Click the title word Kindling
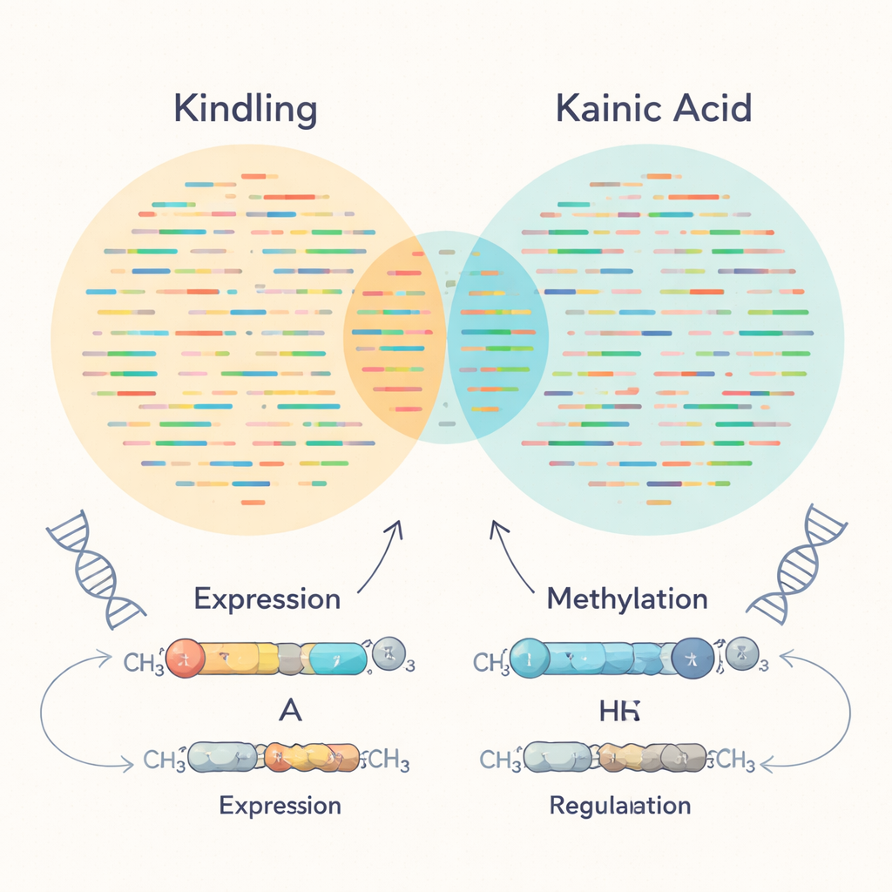click(245, 111)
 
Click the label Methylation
click(626, 599)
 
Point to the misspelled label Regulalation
click(619, 805)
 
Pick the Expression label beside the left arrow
click(267, 599)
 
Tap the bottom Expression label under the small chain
click(280, 805)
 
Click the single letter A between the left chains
click(288, 710)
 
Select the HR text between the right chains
click(619, 710)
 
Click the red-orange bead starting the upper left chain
click(185, 659)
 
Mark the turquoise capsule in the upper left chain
click(337, 659)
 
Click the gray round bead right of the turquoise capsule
click(388, 653)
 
